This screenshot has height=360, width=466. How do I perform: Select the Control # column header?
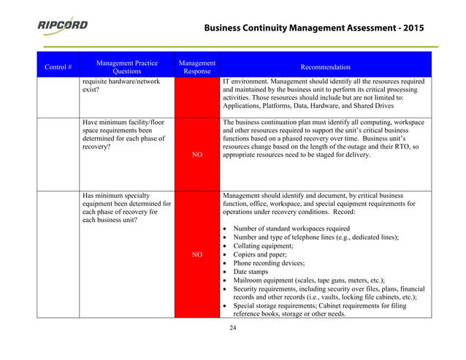58,67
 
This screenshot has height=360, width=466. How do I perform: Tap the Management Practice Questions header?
128,66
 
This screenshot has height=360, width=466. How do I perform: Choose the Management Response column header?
196,66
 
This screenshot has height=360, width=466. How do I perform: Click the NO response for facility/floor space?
196,155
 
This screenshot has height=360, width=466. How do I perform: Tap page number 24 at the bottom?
233,327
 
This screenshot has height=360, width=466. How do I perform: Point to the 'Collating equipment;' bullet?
267,245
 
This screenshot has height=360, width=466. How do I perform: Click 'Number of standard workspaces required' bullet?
291,229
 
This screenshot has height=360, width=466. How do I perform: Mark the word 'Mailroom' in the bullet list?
250,280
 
